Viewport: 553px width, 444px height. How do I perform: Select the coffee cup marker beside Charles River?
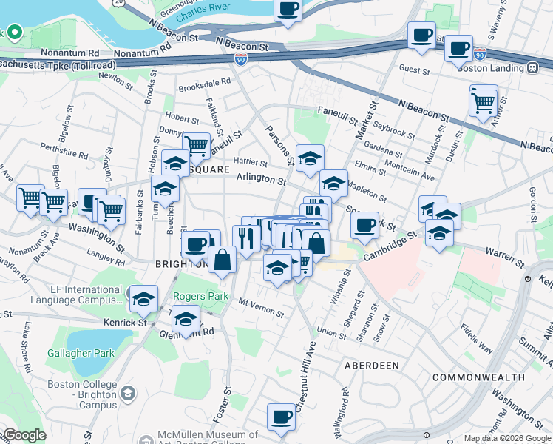tap(288, 10)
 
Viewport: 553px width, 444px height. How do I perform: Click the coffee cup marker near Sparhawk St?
tap(364, 226)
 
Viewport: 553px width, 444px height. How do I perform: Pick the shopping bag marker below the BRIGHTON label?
tap(222, 260)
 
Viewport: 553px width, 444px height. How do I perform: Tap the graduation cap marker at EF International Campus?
tap(143, 299)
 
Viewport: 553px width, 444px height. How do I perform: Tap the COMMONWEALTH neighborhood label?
tap(479, 377)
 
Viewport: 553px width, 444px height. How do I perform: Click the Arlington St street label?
tap(261, 179)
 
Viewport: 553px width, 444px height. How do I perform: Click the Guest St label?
tap(415, 71)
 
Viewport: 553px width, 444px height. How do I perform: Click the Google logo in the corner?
tap(24, 435)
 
